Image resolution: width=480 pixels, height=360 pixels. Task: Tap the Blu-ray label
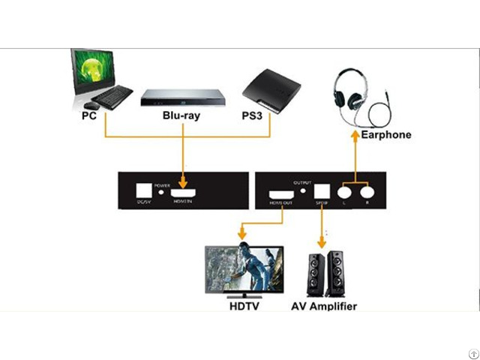[182, 116]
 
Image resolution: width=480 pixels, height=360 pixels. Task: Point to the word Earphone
[387, 135]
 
